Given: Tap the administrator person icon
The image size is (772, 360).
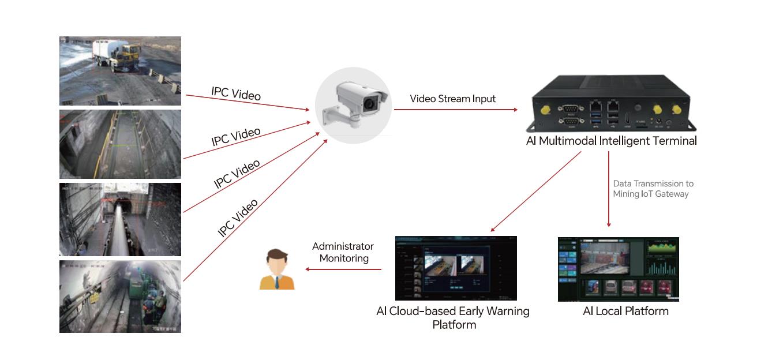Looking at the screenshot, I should pos(277,269).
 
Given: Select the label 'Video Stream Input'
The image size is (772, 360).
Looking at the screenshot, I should pos(452,99).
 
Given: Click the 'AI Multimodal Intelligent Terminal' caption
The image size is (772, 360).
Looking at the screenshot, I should pos(611,141).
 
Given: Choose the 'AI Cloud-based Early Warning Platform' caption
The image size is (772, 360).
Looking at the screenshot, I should pos(453,317).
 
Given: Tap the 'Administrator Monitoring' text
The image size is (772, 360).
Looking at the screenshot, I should pos(343,252).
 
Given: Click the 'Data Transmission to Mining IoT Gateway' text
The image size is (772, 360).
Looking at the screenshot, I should pos(653,189).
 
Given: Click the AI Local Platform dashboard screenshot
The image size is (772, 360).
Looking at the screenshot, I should pos(618,269).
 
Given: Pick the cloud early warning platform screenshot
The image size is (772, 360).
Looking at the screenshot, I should pos(456,268).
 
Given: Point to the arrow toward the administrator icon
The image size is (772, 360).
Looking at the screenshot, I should pos(343,269).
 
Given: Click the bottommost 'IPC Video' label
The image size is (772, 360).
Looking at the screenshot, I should pos(238,218).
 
